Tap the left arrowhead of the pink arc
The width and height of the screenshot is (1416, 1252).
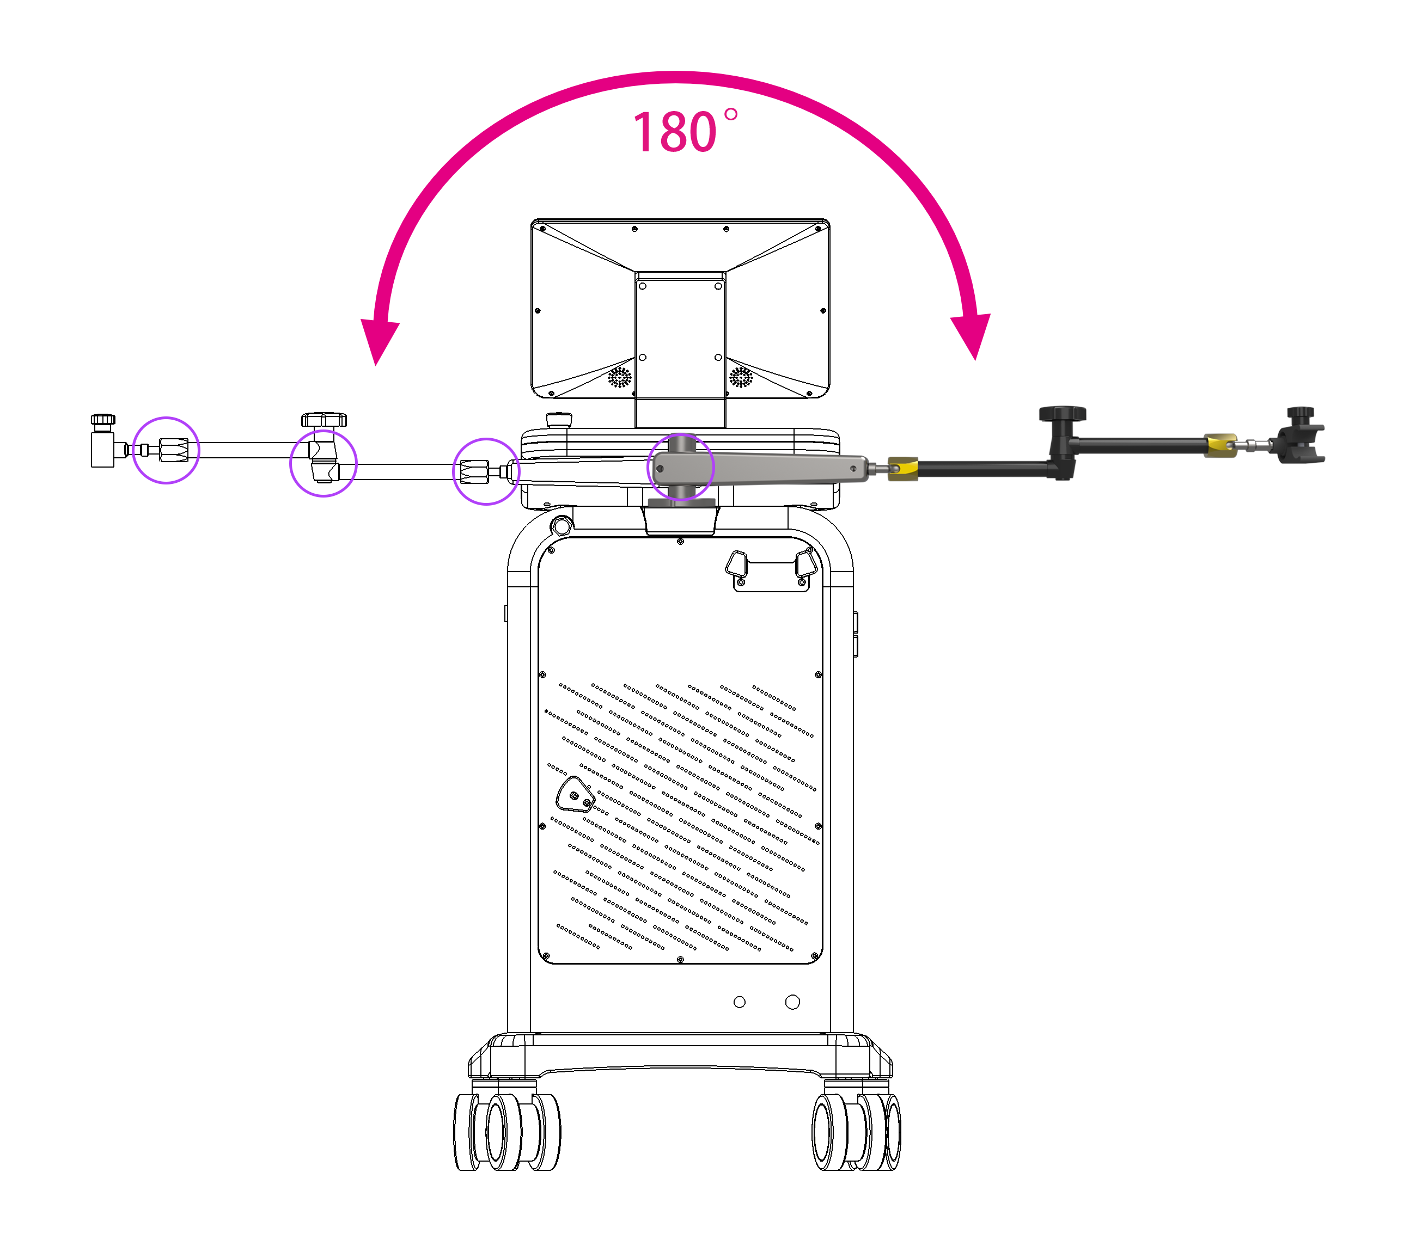point(380,341)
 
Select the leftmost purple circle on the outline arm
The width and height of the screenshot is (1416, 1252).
point(166,450)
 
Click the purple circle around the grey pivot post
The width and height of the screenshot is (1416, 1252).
point(680,468)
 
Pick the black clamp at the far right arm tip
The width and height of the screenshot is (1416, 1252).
point(1301,436)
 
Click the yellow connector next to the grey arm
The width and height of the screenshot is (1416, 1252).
point(902,468)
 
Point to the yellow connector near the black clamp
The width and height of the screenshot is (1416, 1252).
point(1220,445)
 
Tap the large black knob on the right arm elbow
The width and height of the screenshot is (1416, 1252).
point(1062,415)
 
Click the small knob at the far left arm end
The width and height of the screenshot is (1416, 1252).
point(103,420)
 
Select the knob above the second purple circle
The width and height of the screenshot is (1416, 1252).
point(324,420)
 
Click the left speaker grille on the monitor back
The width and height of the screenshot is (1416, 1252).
point(619,377)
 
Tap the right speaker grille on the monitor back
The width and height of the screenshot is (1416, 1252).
point(741,377)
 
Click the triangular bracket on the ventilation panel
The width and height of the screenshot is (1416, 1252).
point(575,794)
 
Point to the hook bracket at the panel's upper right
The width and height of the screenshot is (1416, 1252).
point(771,570)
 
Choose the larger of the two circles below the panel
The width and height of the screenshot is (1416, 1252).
point(792,1002)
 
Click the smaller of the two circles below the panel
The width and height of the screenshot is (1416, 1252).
point(739,1002)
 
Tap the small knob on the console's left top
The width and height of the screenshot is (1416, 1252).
point(559,420)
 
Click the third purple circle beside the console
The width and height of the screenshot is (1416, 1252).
point(486,471)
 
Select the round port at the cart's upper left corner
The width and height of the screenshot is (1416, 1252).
point(561,526)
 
